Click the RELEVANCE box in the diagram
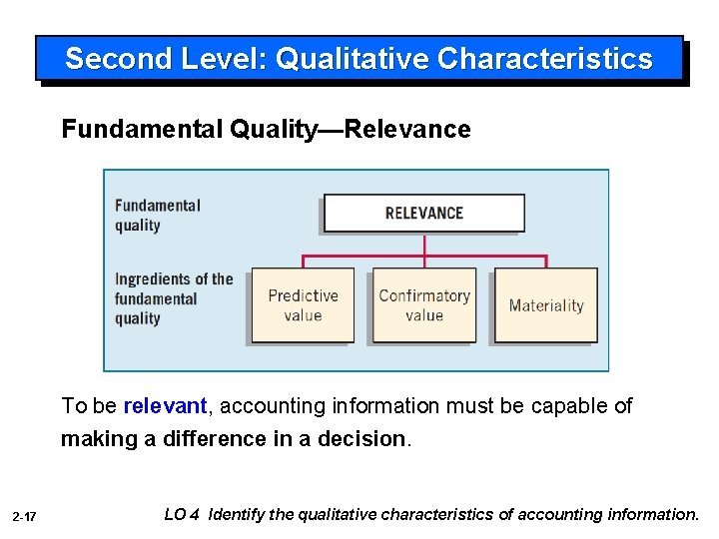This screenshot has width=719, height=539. coord(423,213)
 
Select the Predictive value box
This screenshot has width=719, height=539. coord(303,305)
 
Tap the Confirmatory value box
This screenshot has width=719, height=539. coord(424,305)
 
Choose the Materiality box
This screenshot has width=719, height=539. coord(546,305)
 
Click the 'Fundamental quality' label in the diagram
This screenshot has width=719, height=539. coord(157,215)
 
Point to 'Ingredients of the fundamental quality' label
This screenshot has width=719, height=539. coord(173,298)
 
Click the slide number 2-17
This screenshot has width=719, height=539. coord(25,516)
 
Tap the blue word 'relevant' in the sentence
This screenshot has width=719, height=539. coord(165,406)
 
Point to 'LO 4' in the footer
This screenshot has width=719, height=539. coord(181,515)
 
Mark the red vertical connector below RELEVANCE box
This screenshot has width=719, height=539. coord(424,245)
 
